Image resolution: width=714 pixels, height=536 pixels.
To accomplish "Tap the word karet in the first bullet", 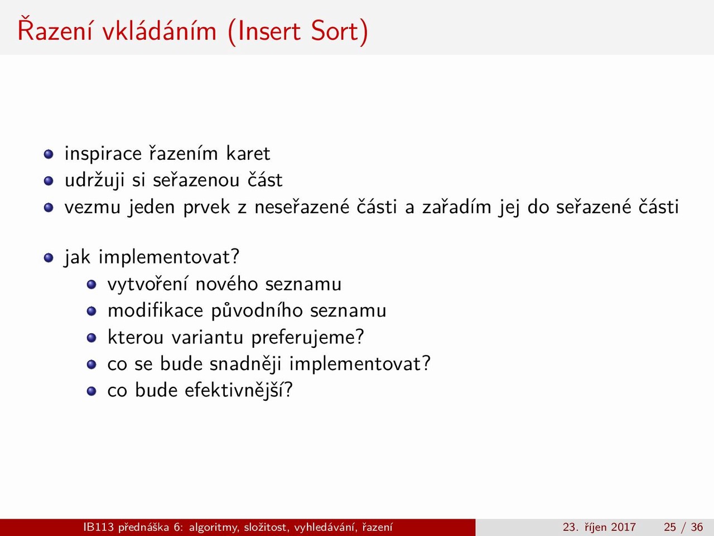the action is point(248,154).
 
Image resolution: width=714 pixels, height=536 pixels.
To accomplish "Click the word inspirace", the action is point(103,154).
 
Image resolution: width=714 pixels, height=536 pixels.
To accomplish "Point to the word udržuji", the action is point(95,180).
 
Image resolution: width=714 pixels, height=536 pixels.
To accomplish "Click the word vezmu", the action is point(93,208).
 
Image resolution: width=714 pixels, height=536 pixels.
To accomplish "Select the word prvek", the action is point(206,207).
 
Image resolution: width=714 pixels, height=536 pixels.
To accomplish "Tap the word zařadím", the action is point(457,207).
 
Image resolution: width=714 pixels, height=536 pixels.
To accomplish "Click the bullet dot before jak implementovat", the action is point(49,258).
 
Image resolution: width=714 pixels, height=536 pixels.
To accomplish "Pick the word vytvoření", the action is point(147,284).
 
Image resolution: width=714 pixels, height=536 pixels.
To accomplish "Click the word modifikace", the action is point(156,310).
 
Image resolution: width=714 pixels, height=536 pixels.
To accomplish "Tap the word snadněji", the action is point(245,363).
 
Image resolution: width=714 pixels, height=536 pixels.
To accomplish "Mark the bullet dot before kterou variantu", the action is point(91,338).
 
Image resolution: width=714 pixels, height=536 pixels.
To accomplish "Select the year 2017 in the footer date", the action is point(623,527).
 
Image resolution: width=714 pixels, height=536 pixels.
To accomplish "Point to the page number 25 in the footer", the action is point(670,527).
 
